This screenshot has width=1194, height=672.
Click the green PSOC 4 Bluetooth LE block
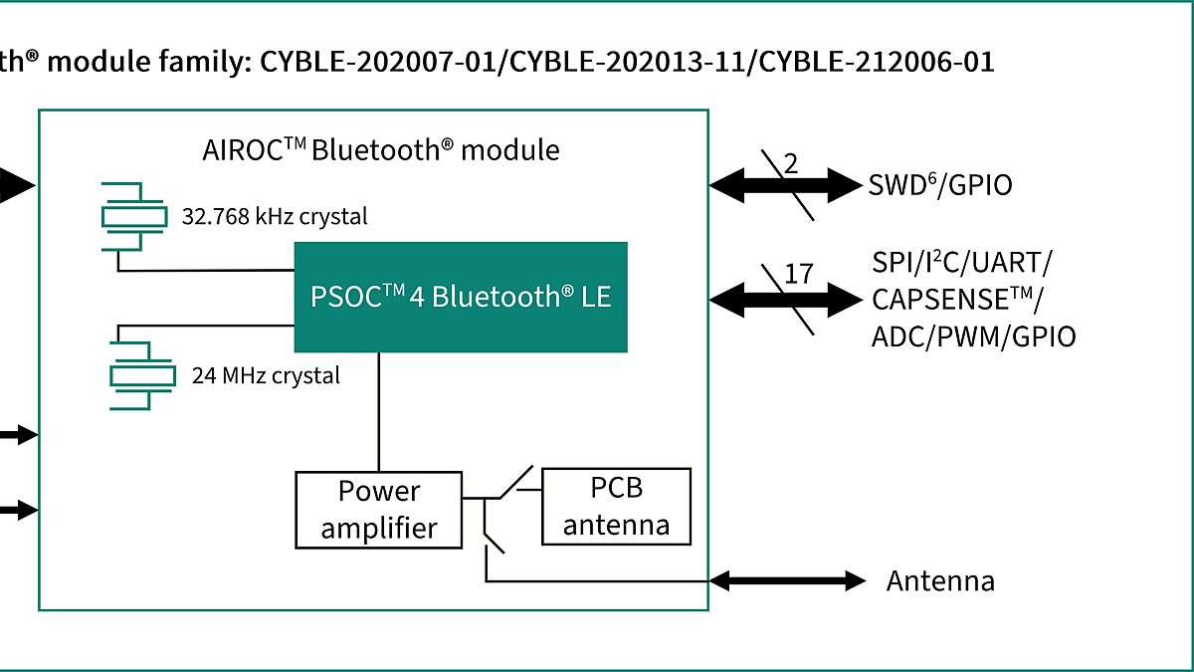click(460, 297)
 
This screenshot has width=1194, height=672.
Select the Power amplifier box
click(379, 509)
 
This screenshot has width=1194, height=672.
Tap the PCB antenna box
click(616, 507)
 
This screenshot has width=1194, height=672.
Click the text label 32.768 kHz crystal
click(274, 216)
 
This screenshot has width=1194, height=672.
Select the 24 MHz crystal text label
click(266, 375)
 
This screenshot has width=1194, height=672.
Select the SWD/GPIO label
click(940, 185)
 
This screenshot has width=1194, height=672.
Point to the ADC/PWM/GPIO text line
click(973, 336)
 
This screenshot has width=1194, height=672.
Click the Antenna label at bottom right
click(940, 580)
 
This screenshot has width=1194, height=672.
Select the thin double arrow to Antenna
click(787, 580)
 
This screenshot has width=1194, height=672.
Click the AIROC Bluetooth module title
click(380, 150)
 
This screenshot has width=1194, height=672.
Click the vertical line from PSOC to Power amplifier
click(378, 411)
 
